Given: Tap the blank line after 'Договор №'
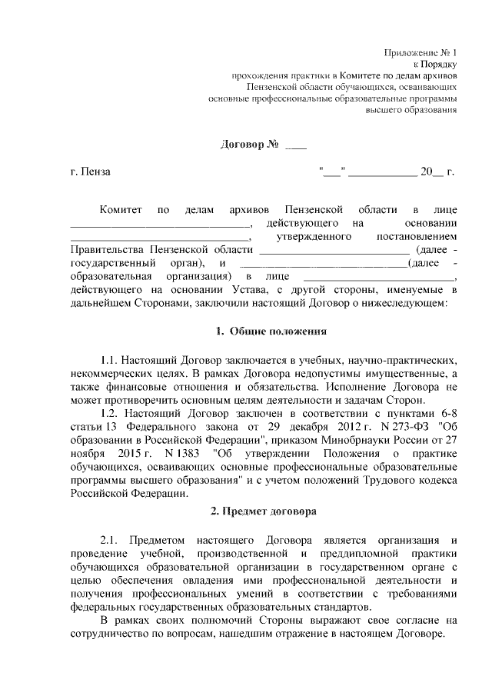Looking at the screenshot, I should pyautogui.click(x=296, y=145).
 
